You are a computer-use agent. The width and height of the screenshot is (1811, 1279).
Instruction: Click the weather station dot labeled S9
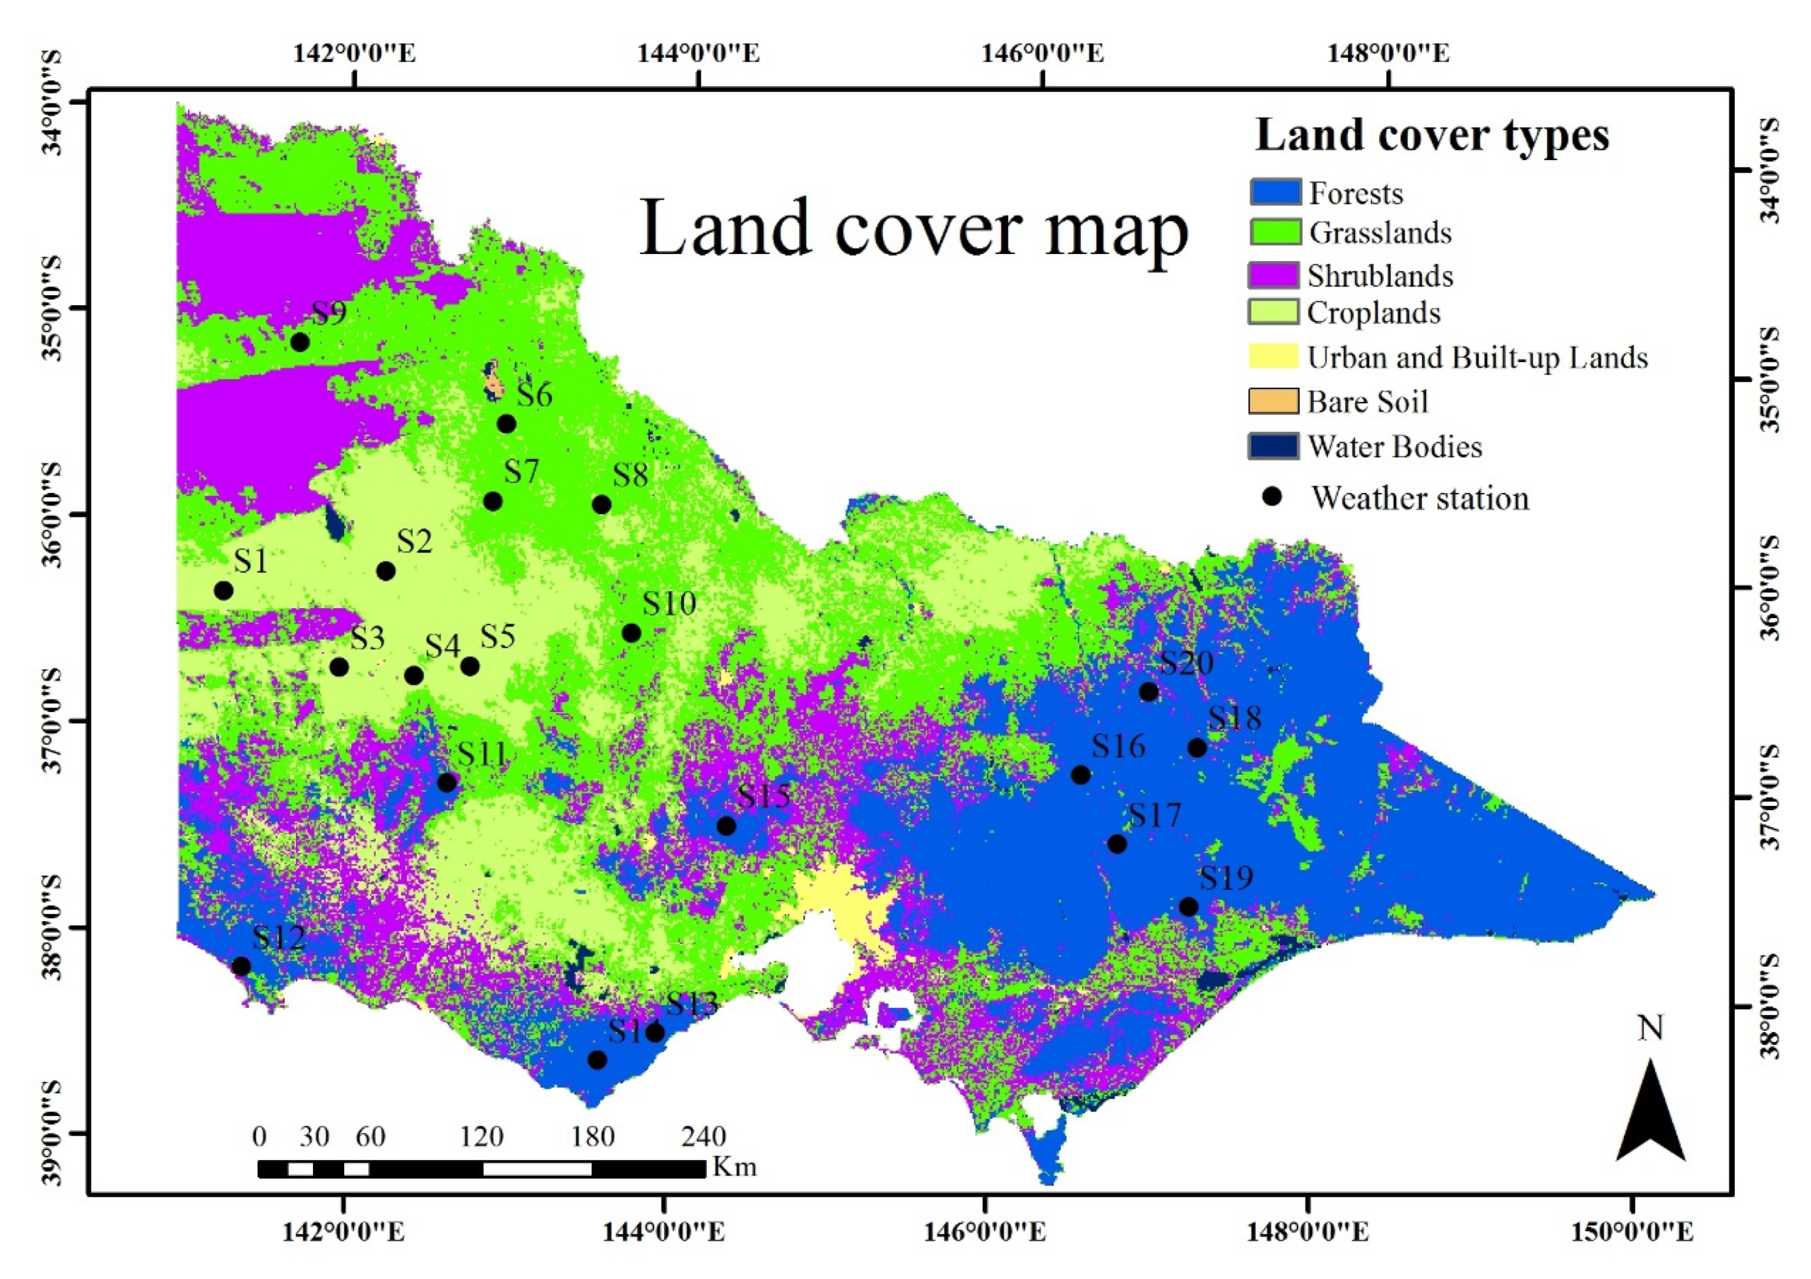point(299,342)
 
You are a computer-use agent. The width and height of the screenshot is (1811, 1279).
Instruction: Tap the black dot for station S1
point(223,591)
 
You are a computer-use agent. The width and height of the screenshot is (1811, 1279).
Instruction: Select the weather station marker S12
point(241,967)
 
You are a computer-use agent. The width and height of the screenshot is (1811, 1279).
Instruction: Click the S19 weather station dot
point(1189,906)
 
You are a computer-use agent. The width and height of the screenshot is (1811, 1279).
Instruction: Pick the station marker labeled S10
point(631,633)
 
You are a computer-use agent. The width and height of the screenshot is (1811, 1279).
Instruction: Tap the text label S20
point(1186,663)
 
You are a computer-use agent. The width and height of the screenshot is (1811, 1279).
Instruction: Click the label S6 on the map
point(534,395)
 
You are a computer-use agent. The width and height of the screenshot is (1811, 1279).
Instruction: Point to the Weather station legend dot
point(1272,497)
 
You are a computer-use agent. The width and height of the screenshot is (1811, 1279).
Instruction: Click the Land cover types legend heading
point(1432,135)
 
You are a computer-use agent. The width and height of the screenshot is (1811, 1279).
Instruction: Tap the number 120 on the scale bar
point(482,1137)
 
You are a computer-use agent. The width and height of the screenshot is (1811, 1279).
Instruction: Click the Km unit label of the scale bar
point(735,1166)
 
